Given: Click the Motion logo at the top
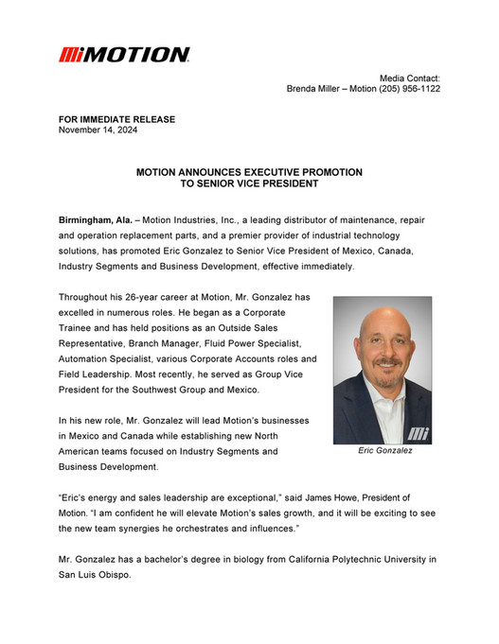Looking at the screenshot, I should pyautogui.click(x=124, y=55).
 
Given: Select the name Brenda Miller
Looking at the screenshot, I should pyautogui.click(x=319, y=88).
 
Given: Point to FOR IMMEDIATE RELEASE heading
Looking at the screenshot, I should pyautogui.click(x=116, y=119).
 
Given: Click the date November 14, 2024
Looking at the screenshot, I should pyautogui.click(x=98, y=130).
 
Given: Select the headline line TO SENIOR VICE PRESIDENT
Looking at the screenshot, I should pyautogui.click(x=248, y=184).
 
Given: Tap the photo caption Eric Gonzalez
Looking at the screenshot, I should pyautogui.click(x=384, y=451).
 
